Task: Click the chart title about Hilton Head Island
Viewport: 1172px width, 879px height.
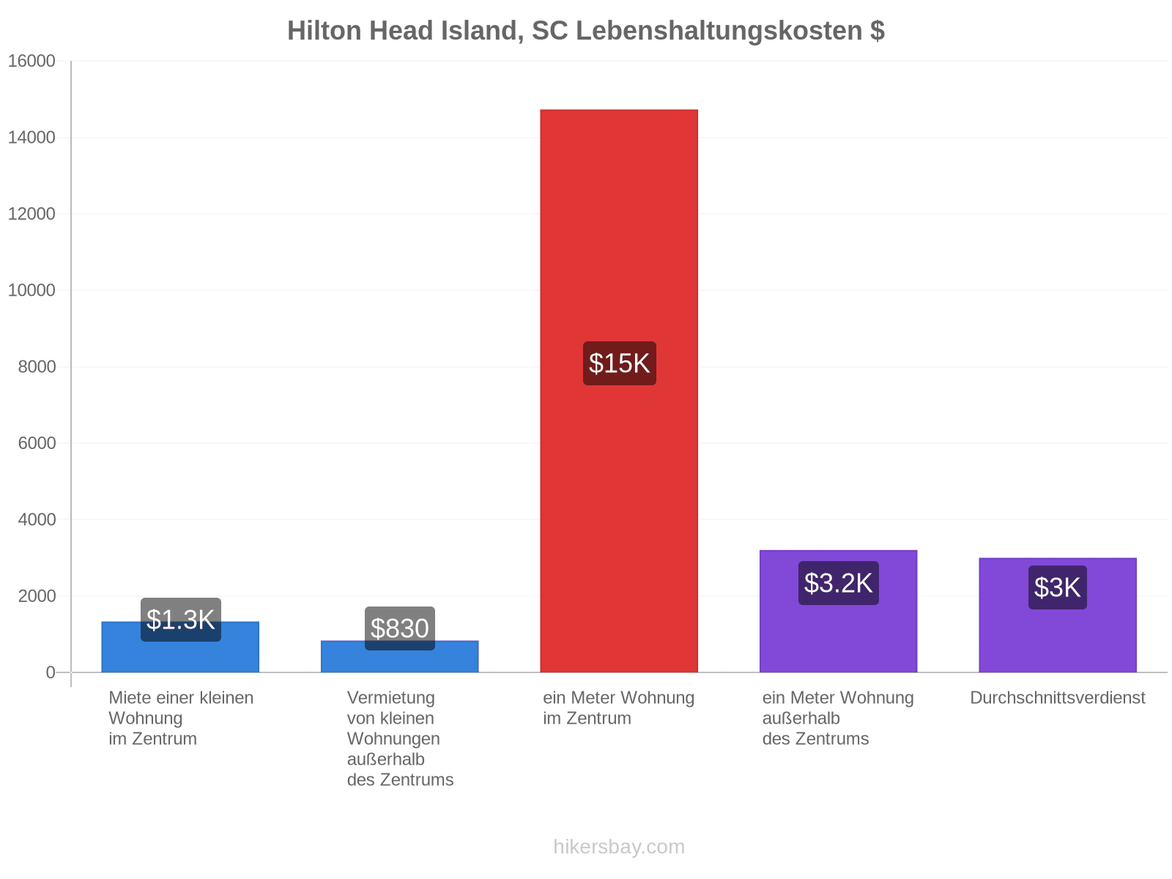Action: click(x=586, y=31)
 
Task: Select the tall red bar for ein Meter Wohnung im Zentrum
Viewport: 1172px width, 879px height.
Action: click(x=619, y=390)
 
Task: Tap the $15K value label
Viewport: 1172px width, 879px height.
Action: click(x=620, y=363)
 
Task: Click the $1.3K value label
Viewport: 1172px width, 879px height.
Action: click(x=180, y=620)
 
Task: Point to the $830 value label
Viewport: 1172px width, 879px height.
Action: click(x=400, y=628)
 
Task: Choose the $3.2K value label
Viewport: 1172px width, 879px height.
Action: click(x=838, y=583)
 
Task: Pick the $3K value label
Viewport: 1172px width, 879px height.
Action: click(x=1057, y=587)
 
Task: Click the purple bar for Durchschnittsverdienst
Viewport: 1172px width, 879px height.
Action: click(x=1058, y=615)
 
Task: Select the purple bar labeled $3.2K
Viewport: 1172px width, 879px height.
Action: click(x=838, y=611)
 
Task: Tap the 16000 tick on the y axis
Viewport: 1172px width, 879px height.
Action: click(x=31, y=61)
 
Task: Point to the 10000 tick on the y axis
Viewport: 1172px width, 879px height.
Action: click(x=31, y=290)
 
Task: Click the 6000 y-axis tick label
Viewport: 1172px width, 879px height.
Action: click(x=37, y=443)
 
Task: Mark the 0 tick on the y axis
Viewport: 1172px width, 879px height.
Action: click(x=51, y=672)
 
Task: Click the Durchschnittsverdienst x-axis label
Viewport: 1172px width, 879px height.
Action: click(x=1057, y=697)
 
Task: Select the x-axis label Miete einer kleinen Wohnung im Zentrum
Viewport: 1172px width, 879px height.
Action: click(x=181, y=719)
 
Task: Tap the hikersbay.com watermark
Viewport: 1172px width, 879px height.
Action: click(x=619, y=847)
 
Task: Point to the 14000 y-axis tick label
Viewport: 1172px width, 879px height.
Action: click(x=31, y=137)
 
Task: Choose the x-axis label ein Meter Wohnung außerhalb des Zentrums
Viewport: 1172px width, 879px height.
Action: click(x=838, y=719)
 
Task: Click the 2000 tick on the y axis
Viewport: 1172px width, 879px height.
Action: click(x=37, y=596)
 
